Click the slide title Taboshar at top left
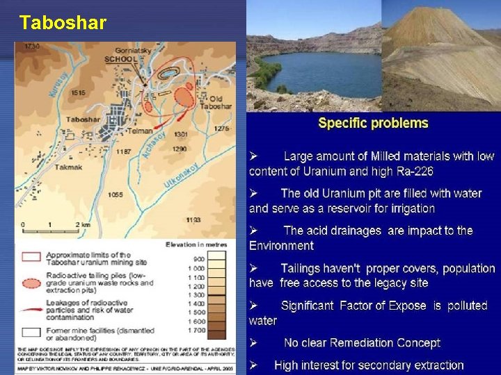coord(63,23)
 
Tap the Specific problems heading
coord(373,124)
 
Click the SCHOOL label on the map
coord(121,60)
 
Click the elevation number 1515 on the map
coord(78,92)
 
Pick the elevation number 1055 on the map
coord(116,195)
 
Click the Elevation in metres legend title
coord(194,244)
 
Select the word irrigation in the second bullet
coord(409,208)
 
